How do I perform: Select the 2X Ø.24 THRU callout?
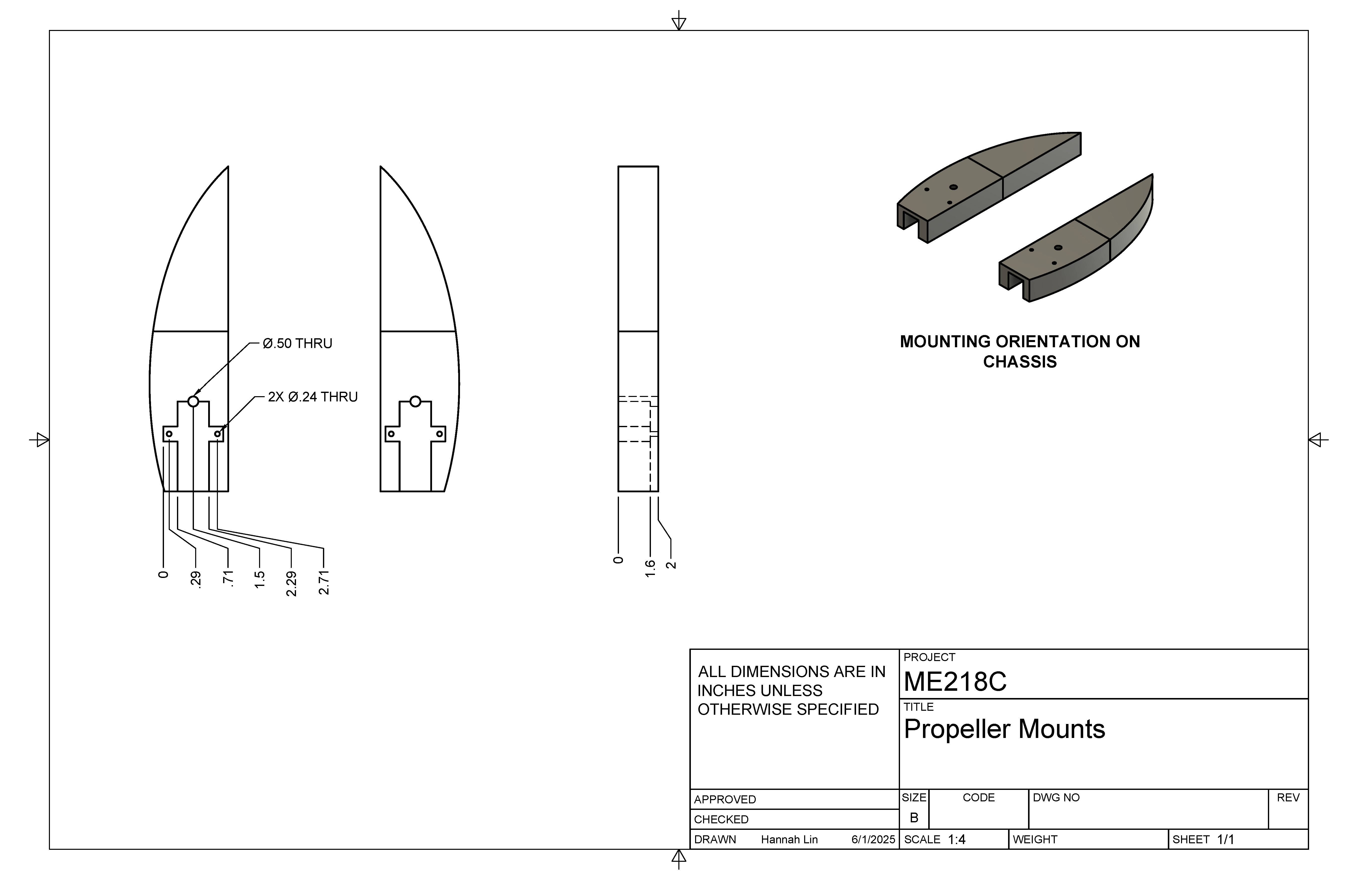pyautogui.click(x=313, y=397)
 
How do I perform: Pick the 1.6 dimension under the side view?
pyautogui.click(x=650, y=568)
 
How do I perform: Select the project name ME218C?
pyautogui.click(x=955, y=682)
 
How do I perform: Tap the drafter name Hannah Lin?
pyautogui.click(x=789, y=840)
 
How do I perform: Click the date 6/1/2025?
pyautogui.click(x=873, y=840)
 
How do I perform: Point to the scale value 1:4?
pyautogui.click(x=957, y=840)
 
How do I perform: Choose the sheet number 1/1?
pyautogui.click(x=1226, y=840)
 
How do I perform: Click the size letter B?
pyautogui.click(x=914, y=818)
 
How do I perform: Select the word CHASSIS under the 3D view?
pyautogui.click(x=1020, y=362)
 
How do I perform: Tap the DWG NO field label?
pyautogui.click(x=1056, y=797)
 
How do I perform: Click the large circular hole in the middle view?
pyautogui.click(x=415, y=402)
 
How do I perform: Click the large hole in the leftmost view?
pyautogui.click(x=193, y=402)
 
